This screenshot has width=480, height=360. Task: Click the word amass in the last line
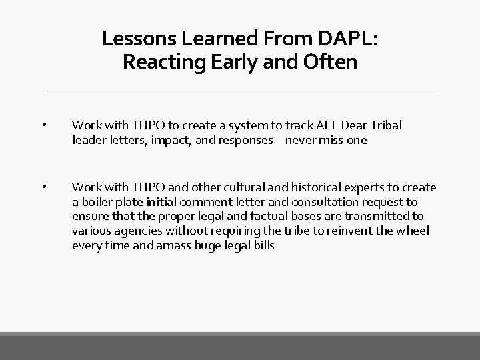point(174,245)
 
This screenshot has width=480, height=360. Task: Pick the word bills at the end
point(262,245)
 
